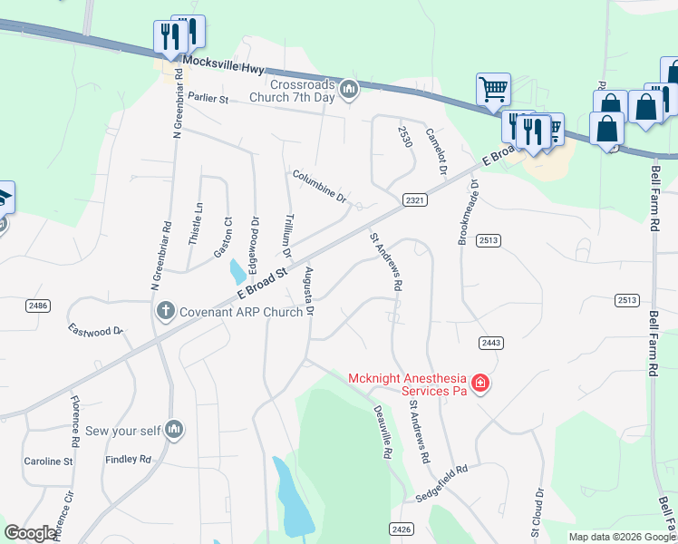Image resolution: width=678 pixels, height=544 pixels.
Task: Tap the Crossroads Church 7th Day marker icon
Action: [x=349, y=89]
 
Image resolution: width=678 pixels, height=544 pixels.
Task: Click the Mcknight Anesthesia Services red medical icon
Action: [x=479, y=384]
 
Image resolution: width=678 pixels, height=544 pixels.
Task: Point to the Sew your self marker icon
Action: [x=175, y=429]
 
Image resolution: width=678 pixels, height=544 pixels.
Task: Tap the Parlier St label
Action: [x=208, y=98]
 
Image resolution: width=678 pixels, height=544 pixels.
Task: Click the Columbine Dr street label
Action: [x=319, y=186]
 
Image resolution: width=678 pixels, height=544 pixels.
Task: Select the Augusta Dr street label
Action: [x=309, y=292]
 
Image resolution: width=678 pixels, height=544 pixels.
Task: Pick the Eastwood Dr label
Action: [x=95, y=331]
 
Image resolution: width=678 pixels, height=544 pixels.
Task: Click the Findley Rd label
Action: [x=129, y=460]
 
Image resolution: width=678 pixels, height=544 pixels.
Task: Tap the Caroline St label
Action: [x=48, y=461]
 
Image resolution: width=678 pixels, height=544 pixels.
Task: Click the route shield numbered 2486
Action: [x=38, y=306]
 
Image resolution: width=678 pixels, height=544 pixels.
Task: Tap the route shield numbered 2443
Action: [x=491, y=343]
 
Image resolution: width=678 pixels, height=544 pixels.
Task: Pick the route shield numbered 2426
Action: [x=401, y=529]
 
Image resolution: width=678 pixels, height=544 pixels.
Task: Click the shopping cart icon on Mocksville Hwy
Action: [x=493, y=90]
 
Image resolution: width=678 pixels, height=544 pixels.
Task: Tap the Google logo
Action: [x=31, y=533]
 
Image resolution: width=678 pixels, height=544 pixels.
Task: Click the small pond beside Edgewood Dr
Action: [x=237, y=270]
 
